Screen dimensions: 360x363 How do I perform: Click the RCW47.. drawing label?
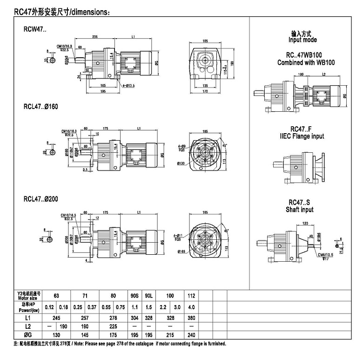35,28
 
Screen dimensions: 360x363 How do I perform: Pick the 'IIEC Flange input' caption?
302,136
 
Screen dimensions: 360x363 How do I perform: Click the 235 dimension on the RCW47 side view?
94,36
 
